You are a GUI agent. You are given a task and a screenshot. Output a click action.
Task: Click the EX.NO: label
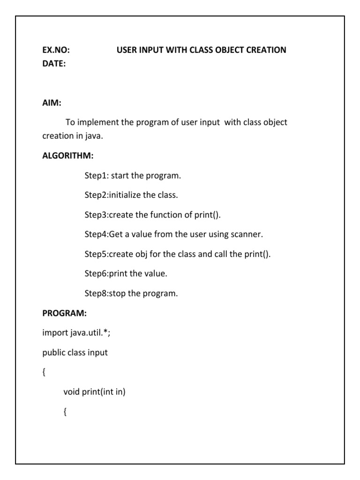pyautogui.click(x=57, y=50)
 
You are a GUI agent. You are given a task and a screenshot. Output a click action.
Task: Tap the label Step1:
pyautogui.click(x=97, y=176)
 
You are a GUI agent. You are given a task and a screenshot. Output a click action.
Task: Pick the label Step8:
pyautogui.click(x=96, y=294)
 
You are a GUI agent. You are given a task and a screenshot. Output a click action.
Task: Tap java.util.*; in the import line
pyautogui.click(x=94, y=333)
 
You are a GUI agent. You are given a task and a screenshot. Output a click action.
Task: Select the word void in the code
pyautogui.click(x=72, y=392)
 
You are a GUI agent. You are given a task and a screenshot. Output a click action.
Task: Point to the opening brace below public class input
pyautogui.click(x=44, y=373)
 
